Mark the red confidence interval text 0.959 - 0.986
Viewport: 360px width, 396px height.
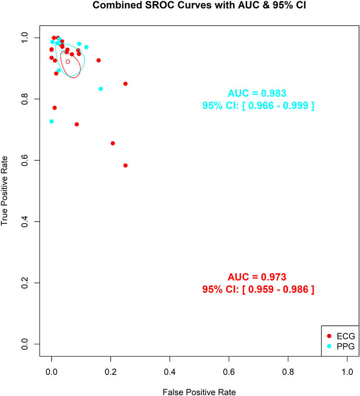pos(258,289)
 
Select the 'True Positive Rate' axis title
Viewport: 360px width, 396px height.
pos(5,191)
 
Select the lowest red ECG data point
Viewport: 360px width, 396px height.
pos(126,165)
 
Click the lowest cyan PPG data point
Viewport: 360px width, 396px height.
pos(52,121)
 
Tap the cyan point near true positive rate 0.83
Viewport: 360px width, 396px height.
pos(101,89)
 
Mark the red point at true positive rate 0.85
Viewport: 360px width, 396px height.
pos(126,84)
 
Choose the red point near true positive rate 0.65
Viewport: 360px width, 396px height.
pos(113,143)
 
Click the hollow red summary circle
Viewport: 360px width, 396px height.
pos(68,62)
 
